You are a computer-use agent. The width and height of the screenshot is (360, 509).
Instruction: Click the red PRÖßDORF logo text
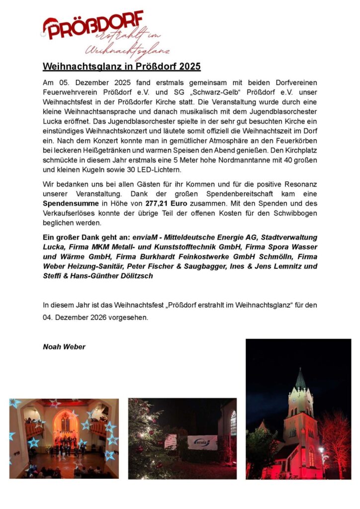coord(94,25)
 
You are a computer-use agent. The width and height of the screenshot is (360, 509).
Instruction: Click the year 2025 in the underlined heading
coord(189,66)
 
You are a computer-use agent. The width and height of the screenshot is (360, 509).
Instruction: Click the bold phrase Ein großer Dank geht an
coord(86,238)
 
